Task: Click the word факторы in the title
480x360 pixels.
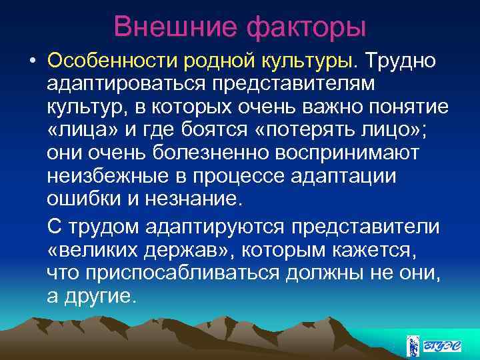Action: coord(307,27)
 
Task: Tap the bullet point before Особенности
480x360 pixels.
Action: coord(31,62)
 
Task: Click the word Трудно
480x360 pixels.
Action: coord(398,62)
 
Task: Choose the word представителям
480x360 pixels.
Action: coord(291,85)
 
